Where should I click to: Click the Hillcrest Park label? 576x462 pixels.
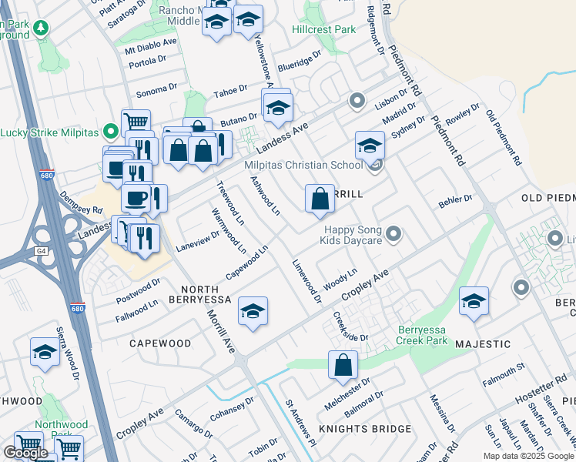click(323, 29)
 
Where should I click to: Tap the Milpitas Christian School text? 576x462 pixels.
click(303, 166)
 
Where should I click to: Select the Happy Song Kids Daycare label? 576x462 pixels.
click(352, 235)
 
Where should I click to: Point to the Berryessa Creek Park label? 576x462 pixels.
click(421, 335)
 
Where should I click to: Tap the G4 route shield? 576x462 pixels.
click(41, 250)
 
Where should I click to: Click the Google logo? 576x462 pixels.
click(25, 453)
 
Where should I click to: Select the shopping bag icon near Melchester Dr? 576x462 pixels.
click(343, 365)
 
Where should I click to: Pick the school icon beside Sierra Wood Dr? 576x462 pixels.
click(45, 353)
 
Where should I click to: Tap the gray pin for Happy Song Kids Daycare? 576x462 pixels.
click(394, 233)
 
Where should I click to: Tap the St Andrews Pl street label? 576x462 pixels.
click(301, 423)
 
